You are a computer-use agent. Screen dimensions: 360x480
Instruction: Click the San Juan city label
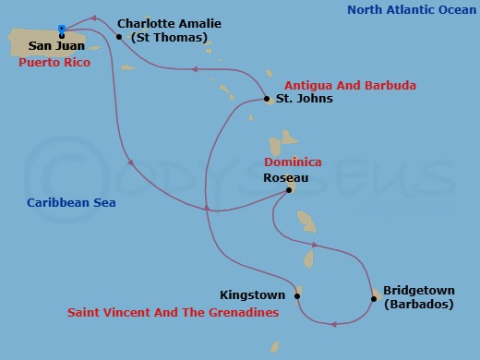pos(56,45)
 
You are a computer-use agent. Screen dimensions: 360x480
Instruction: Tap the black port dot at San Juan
pos(62,36)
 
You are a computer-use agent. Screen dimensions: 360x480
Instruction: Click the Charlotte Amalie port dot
pos(119,37)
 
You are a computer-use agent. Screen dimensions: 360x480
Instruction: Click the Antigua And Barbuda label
pos(350,85)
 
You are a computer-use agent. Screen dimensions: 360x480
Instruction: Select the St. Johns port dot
pos(266,99)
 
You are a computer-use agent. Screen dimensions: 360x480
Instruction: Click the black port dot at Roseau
pos(289,190)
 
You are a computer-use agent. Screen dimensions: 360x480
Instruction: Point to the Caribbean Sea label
pos(71,202)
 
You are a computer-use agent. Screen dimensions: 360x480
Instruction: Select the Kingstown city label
pos(252,295)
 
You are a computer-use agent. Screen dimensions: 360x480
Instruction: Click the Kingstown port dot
pos(297,296)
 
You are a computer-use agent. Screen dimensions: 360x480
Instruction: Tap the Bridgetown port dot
pos(374,298)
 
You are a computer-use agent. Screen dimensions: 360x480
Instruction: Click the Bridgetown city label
pos(416,289)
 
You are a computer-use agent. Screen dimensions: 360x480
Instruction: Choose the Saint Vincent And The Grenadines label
pos(173,313)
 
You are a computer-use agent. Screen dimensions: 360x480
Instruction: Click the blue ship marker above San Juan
pos(62,29)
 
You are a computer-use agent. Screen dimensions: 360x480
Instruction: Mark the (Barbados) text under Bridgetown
pos(416,304)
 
